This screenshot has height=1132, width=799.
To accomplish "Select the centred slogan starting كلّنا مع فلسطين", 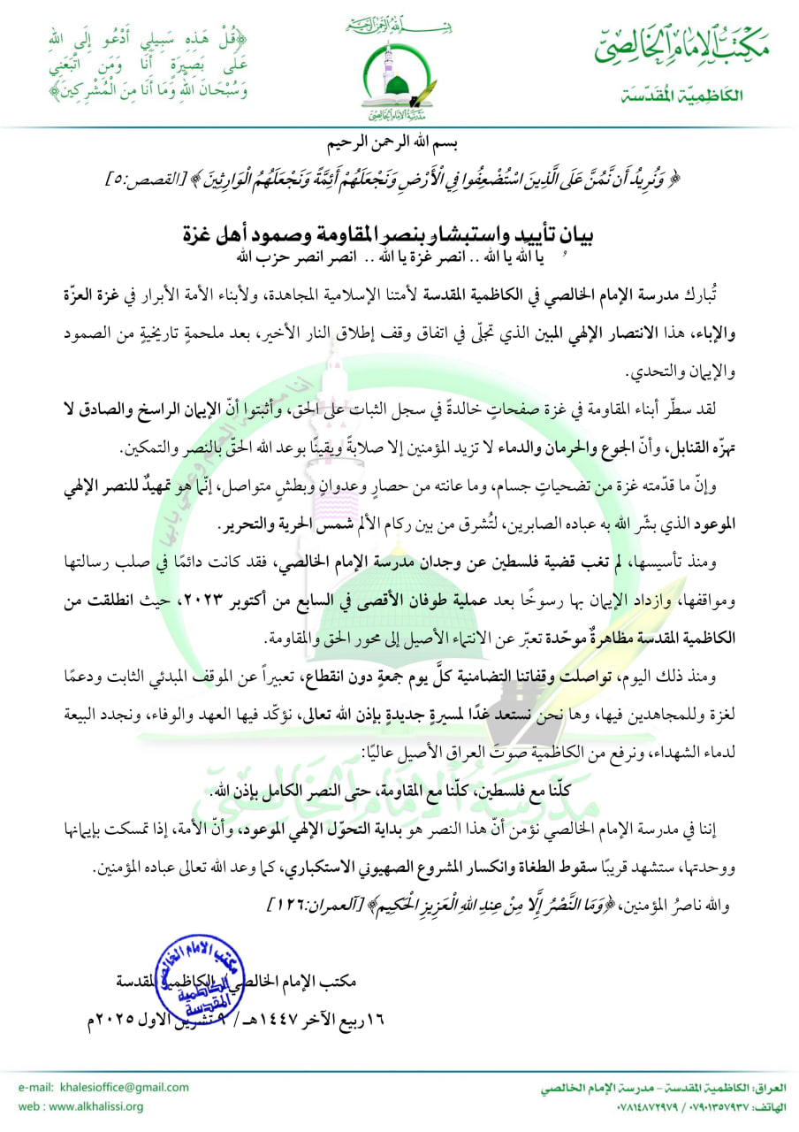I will point(399,790).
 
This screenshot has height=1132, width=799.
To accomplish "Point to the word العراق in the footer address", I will point(771,1090).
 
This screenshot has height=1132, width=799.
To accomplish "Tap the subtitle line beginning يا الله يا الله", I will point(399,256).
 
